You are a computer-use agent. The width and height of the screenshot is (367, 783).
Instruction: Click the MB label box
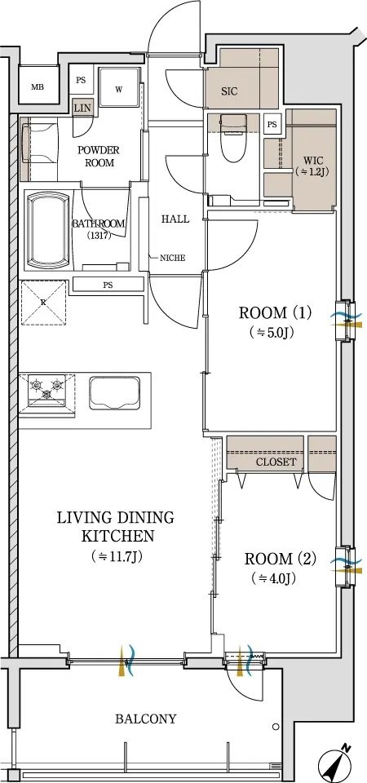pos(38,87)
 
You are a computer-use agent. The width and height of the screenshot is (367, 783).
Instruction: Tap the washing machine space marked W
pos(119,87)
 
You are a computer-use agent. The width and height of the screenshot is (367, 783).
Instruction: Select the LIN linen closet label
pos(80,108)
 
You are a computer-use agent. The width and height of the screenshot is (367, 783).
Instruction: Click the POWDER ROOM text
pos(99,157)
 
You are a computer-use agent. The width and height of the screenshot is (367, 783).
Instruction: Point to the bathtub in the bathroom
pos(47,230)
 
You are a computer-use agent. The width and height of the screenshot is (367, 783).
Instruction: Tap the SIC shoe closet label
pos(229,91)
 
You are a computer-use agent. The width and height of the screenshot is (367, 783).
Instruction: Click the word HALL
pos(176,219)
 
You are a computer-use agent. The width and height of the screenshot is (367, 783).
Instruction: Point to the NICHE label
pos(172,258)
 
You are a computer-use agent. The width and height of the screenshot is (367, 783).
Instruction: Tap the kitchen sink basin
pos(115,392)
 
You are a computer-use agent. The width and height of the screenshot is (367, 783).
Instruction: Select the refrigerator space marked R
pos(43,303)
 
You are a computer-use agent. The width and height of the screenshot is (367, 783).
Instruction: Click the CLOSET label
pos(276,462)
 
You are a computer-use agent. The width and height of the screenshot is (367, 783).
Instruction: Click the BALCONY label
pos(146,719)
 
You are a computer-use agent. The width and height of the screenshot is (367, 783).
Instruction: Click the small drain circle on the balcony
pos(275,727)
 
